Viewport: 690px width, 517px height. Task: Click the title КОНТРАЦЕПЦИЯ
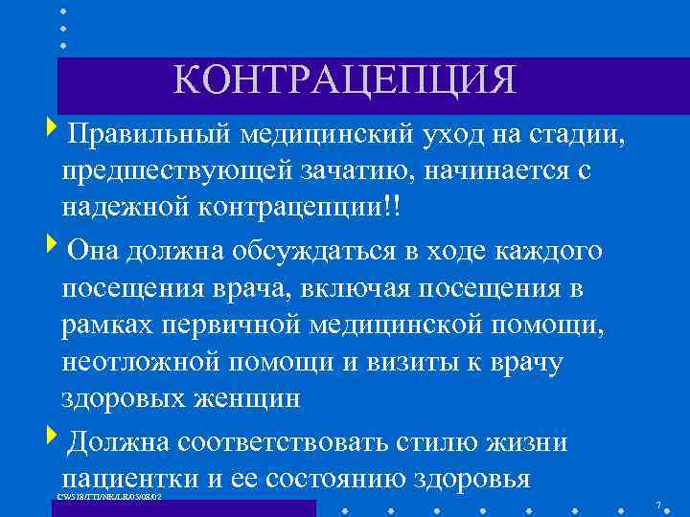pos(345,80)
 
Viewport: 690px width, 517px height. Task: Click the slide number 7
pos(658,505)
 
